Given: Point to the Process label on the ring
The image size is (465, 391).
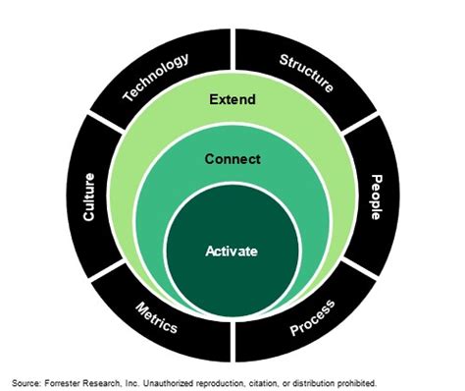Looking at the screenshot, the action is (x=312, y=317).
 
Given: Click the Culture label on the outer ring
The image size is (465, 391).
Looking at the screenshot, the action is (x=88, y=196).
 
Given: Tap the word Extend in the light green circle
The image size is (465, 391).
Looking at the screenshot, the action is (x=232, y=98).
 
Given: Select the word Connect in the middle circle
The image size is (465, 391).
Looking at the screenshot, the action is (x=232, y=158).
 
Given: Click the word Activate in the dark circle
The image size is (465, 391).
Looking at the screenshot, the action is (x=232, y=251).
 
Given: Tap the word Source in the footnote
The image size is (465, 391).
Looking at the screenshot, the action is (x=26, y=381).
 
